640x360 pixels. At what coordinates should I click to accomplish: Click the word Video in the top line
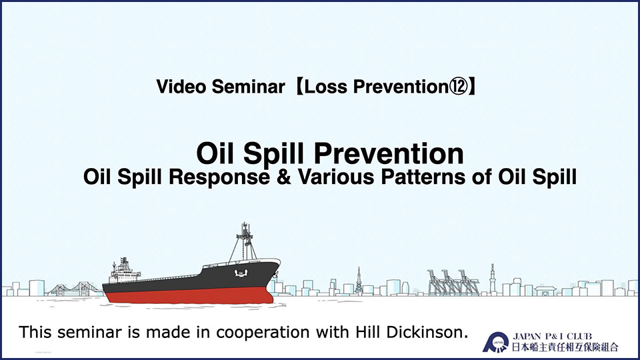pyautogui.click(x=181, y=87)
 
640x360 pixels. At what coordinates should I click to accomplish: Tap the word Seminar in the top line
pyautogui.click(x=248, y=87)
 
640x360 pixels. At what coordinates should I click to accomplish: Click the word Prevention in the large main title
pyautogui.click(x=389, y=153)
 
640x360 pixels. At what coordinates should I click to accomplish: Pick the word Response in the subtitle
pyautogui.click(x=219, y=178)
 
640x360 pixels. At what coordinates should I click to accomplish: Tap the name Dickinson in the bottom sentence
pyautogui.click(x=427, y=332)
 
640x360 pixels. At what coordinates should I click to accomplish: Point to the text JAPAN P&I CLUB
pyautogui.click(x=552, y=337)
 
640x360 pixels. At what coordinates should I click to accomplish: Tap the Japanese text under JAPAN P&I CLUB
pyautogui.click(x=565, y=347)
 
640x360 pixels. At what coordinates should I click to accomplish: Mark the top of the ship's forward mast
pyautogui.click(x=245, y=224)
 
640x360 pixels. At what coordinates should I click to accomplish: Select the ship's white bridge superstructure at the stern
pyautogui.click(x=124, y=271)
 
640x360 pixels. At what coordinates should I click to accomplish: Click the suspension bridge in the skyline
pyautogui.click(x=75, y=289)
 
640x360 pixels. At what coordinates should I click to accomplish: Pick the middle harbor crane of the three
pyautogui.click(x=451, y=282)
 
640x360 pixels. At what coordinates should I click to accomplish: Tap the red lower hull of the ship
pyautogui.click(x=189, y=295)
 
